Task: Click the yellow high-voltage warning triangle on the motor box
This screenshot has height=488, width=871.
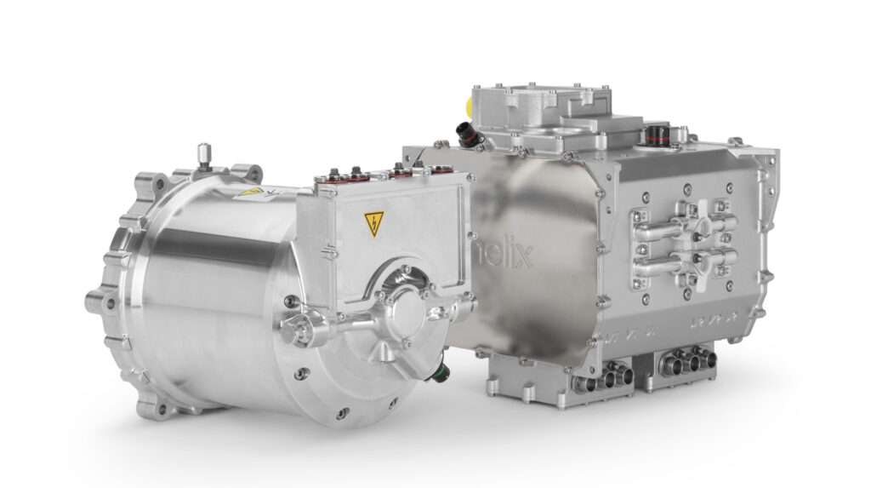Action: click(x=374, y=224)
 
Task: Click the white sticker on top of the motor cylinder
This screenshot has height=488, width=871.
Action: click(x=255, y=193)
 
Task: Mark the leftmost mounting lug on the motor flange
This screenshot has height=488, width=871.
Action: click(x=95, y=300)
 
